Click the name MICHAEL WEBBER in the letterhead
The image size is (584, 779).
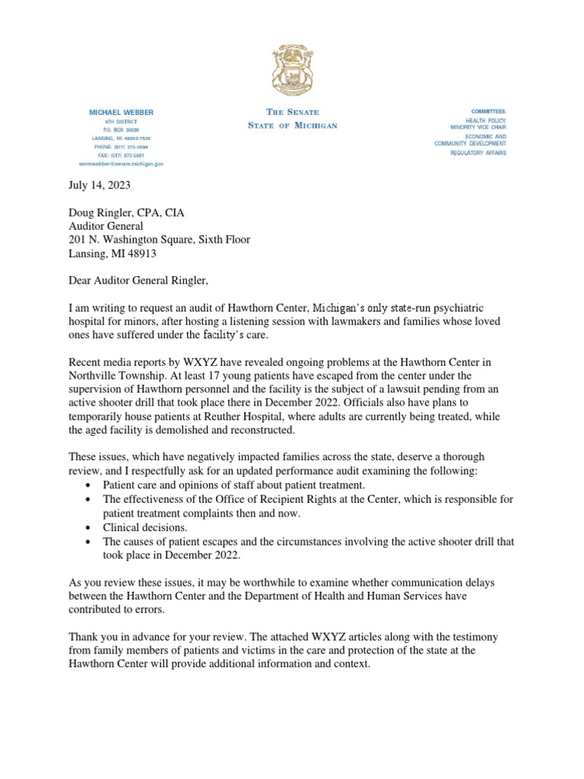tap(121, 113)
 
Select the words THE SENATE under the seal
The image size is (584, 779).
tap(292, 113)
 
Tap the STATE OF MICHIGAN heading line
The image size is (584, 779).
tap(292, 126)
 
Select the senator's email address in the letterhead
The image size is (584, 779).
tap(121, 164)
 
